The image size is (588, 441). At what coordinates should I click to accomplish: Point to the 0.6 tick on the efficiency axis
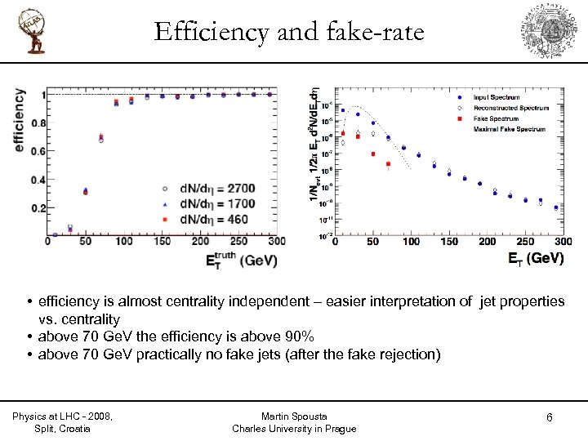coord(38,151)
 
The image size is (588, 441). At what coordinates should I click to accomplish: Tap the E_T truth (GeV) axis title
coord(241,261)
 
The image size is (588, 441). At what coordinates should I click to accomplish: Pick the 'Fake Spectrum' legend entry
coord(495,118)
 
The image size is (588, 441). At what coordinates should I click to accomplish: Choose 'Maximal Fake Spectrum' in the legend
coord(508,129)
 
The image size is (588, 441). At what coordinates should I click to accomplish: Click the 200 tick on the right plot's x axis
coord(487,243)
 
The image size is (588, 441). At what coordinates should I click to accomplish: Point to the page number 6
coord(550,418)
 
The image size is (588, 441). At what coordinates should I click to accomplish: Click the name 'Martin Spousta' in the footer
coord(294,416)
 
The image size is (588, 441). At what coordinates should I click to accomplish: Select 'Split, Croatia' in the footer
coord(63,429)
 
